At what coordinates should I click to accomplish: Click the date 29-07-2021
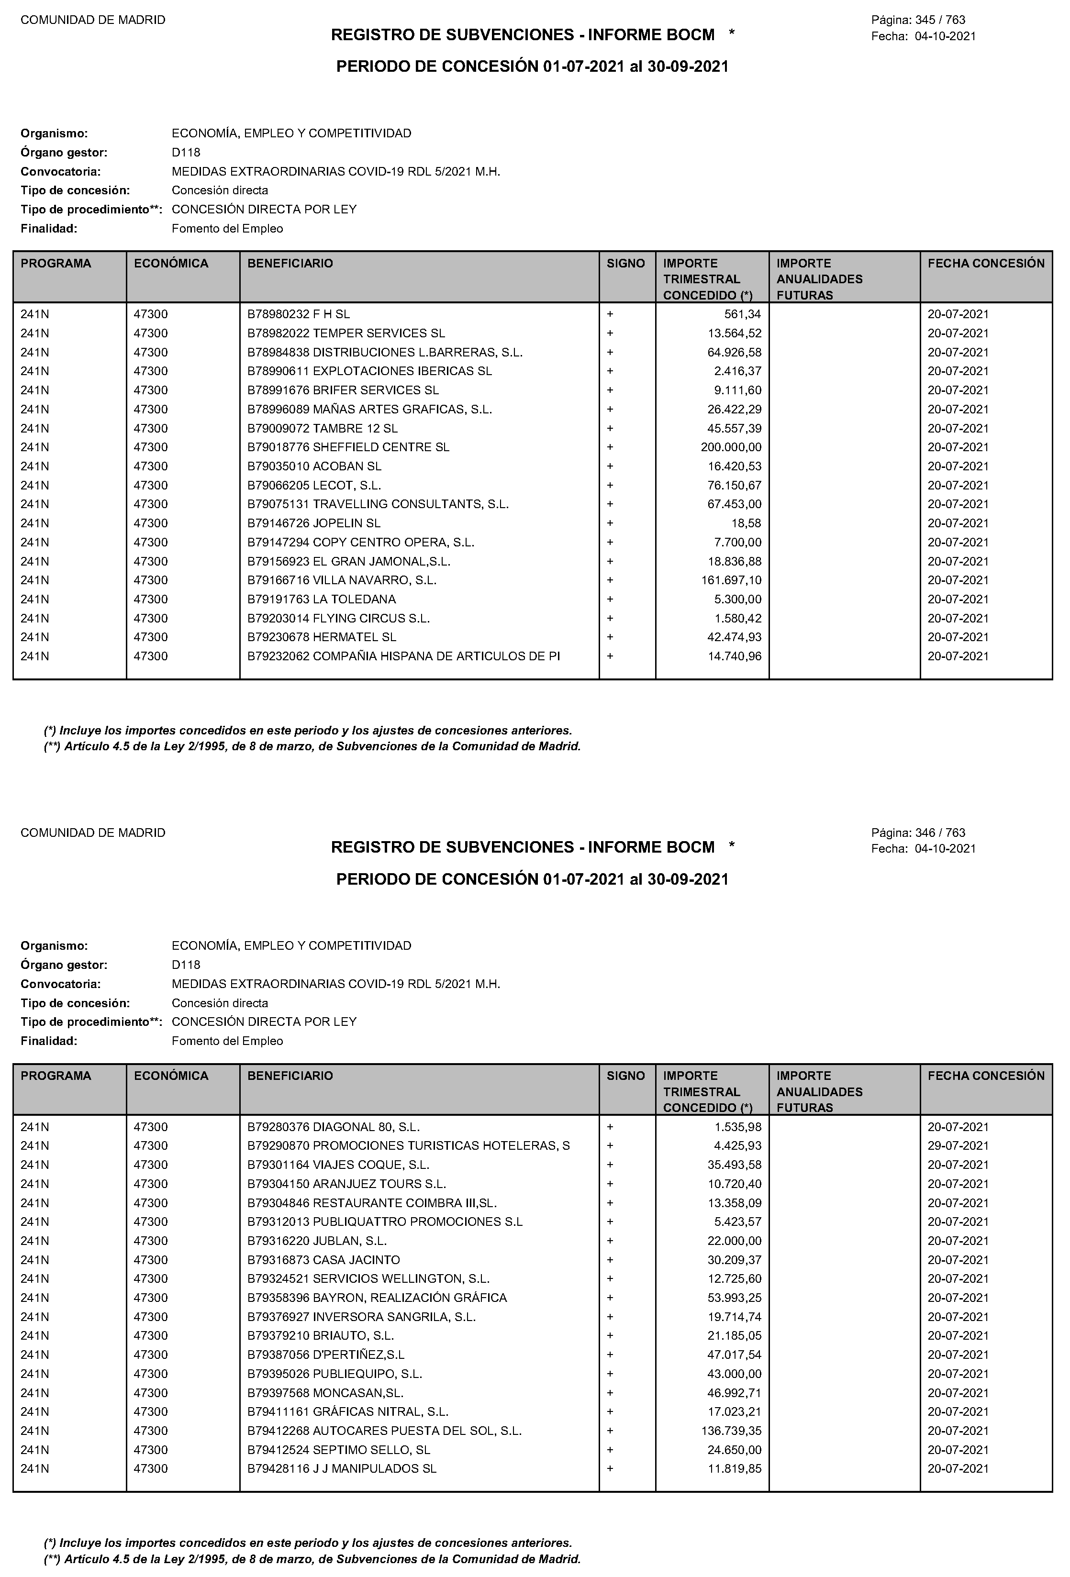click(958, 1145)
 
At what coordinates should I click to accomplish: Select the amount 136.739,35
click(731, 1431)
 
